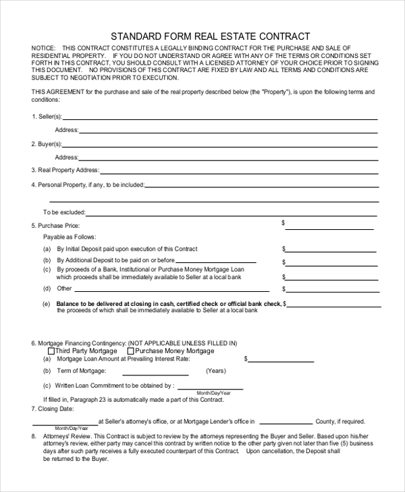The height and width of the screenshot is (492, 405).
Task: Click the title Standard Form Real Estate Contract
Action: (210, 36)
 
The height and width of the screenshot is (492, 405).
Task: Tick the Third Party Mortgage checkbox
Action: (51, 351)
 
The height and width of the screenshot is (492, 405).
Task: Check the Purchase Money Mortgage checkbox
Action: (131, 351)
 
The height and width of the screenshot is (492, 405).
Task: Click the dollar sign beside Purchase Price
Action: (283, 222)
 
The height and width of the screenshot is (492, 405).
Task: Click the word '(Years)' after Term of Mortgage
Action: (215, 371)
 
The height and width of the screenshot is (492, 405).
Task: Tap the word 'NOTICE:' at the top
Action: (44, 49)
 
